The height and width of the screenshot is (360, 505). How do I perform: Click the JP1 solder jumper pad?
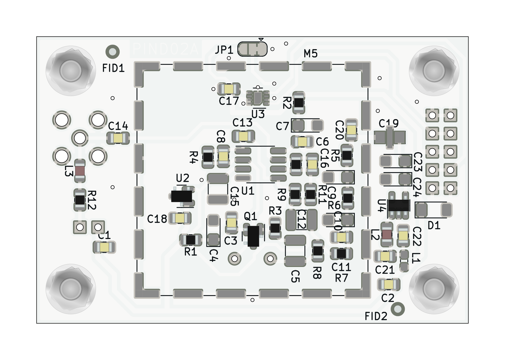coord(252,49)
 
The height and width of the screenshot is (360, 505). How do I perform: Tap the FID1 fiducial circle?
coord(113,52)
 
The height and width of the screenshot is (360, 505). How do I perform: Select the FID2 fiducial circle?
coord(398,309)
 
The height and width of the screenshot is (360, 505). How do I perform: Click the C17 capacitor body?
coord(229,89)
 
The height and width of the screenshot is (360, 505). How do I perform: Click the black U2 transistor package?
coord(182,196)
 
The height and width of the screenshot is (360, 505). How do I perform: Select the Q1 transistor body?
coord(253,236)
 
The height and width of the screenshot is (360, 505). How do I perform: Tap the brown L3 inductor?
coord(80,171)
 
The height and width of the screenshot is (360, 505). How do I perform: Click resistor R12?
coord(80,200)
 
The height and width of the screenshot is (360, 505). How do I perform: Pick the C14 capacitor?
coord(118,138)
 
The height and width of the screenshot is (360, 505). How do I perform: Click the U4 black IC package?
coord(398,205)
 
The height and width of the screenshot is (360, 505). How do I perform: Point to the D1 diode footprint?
coord(434,210)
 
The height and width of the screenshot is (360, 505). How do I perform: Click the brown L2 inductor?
coord(387,234)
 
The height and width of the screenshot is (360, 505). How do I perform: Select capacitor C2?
coord(389,284)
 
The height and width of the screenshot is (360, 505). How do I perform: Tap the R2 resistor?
coord(299,103)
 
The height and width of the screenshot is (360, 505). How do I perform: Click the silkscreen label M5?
coord(311,54)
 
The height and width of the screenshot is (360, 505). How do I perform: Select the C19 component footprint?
coord(390,138)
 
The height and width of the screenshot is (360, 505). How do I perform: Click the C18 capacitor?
coord(180,218)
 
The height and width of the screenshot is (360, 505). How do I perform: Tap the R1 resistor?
coord(191,240)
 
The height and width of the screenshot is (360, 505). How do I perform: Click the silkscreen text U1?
coord(248,191)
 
